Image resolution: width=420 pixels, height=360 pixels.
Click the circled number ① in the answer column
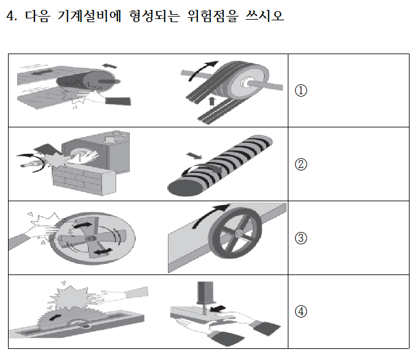tap(301, 90)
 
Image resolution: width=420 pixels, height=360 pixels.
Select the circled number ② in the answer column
tap(301, 164)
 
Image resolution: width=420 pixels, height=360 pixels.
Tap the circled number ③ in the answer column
tap(301, 238)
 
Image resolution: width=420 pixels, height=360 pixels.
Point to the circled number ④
tap(301, 311)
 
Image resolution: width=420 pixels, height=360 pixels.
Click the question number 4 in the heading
tap(9, 17)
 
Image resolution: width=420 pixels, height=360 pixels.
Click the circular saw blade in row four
tap(52, 318)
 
